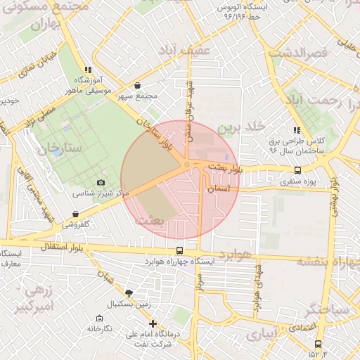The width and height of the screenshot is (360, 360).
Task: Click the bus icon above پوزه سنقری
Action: pos(298,170)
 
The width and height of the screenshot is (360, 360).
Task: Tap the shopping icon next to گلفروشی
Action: pos(75,214)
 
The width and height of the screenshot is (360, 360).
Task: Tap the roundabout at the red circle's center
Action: pos(186,165)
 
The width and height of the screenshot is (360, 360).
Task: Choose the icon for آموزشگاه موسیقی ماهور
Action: pos(88,70)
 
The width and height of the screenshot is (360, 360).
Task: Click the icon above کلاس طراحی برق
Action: pos(297,130)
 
